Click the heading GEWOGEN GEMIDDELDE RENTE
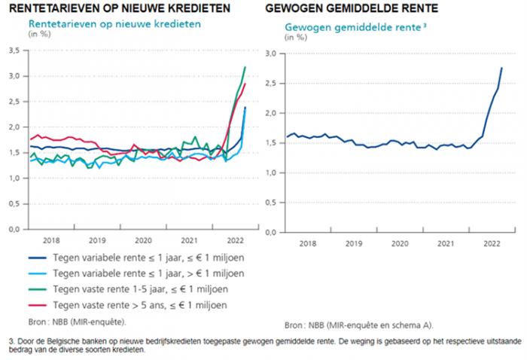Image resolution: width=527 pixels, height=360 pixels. click(x=350, y=8)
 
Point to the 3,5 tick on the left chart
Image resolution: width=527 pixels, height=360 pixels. click(x=14, y=50)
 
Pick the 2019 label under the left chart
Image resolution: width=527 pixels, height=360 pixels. click(x=97, y=239)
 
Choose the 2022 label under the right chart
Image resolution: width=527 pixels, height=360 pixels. click(x=492, y=244)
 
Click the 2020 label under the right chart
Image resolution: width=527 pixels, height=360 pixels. click(x=400, y=244)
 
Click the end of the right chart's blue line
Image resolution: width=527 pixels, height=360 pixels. click(x=502, y=68)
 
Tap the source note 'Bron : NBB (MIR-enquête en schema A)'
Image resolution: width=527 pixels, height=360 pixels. click(x=359, y=325)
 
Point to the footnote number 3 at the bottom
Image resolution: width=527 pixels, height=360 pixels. click(x=5, y=340)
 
